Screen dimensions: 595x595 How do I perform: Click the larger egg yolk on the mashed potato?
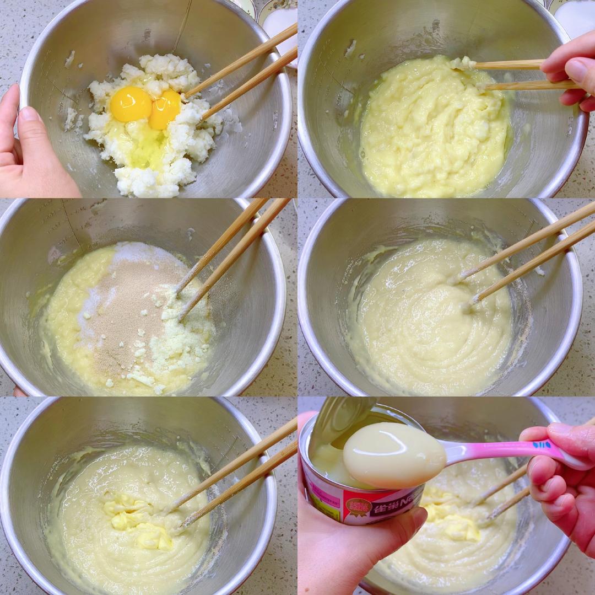point(130,104)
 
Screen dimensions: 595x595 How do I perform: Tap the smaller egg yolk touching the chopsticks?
point(165,108)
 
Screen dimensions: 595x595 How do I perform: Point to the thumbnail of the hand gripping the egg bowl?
point(28,114)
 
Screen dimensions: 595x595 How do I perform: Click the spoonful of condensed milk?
point(393,454)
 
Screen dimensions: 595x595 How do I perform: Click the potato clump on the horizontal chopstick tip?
point(464,63)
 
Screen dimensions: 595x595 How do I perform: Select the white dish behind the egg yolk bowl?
point(279,22)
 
